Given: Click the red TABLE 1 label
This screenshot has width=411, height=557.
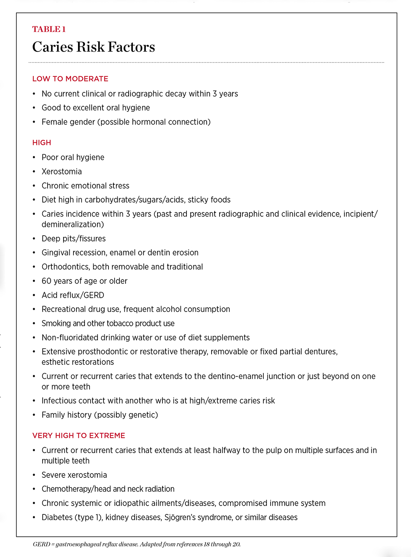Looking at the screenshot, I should coord(49,29).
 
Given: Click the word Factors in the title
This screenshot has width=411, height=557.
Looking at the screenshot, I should coord(131,47).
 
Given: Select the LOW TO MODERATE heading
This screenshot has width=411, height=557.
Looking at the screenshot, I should coord(70,79).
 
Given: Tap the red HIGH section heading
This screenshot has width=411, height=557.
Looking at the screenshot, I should coord(41,143).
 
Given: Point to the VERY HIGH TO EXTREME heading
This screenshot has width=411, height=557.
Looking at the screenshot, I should coord(79,436).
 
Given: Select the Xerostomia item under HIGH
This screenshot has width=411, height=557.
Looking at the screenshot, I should coord(62,172).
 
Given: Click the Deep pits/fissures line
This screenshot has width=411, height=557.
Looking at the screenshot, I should coord(73,239).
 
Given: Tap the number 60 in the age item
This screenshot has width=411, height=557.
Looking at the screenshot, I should coord(46,281).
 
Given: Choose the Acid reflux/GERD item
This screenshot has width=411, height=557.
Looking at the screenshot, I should coord(73,295).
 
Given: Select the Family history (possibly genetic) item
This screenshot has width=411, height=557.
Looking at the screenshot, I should coord(100,415).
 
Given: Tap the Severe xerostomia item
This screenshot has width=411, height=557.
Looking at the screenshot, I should coord(74,475).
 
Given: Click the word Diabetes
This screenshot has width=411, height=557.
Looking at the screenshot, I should coord(57,517).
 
